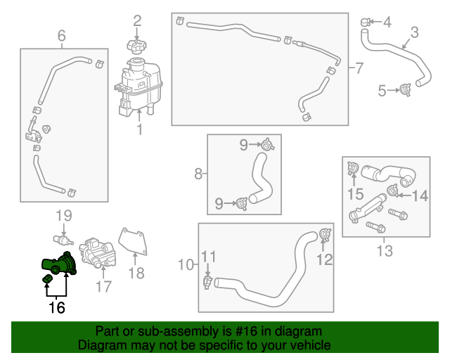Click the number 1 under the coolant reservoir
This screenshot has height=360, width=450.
pos(139,130)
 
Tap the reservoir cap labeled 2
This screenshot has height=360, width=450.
pos(136,46)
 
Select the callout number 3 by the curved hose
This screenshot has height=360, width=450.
pos(414,32)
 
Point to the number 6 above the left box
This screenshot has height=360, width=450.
pos(61,35)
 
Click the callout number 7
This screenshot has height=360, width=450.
pos(359,69)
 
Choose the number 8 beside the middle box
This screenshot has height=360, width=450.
pos(198,173)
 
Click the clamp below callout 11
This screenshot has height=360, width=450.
pos(208,282)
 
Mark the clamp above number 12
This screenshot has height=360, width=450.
pos(324,234)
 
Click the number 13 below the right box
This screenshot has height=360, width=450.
pos(385,250)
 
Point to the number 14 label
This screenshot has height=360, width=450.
pos(420,196)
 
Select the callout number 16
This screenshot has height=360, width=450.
pos(56,307)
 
